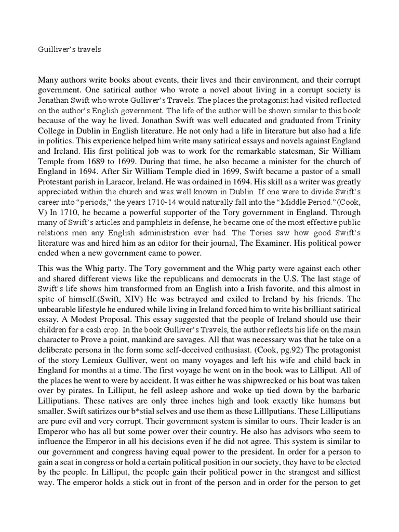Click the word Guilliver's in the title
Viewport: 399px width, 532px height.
tap(56, 50)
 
